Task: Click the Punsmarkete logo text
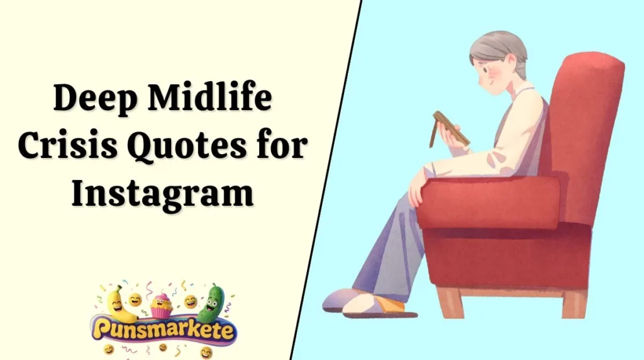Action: coord(162,329)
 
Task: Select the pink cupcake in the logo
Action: coord(161,305)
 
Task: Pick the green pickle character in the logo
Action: coord(212,303)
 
